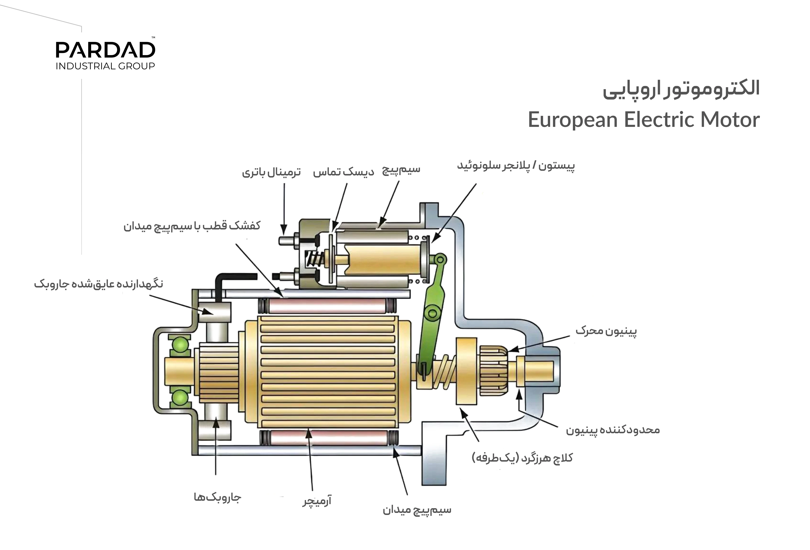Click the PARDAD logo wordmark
(105, 50)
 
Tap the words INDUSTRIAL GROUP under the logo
(105, 66)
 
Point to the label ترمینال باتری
(272, 172)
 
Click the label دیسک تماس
(343, 172)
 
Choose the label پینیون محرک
(606, 330)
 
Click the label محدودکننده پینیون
(613, 430)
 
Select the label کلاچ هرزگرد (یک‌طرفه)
(522, 458)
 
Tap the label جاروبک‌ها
(218, 497)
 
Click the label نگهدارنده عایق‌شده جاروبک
(99, 284)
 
